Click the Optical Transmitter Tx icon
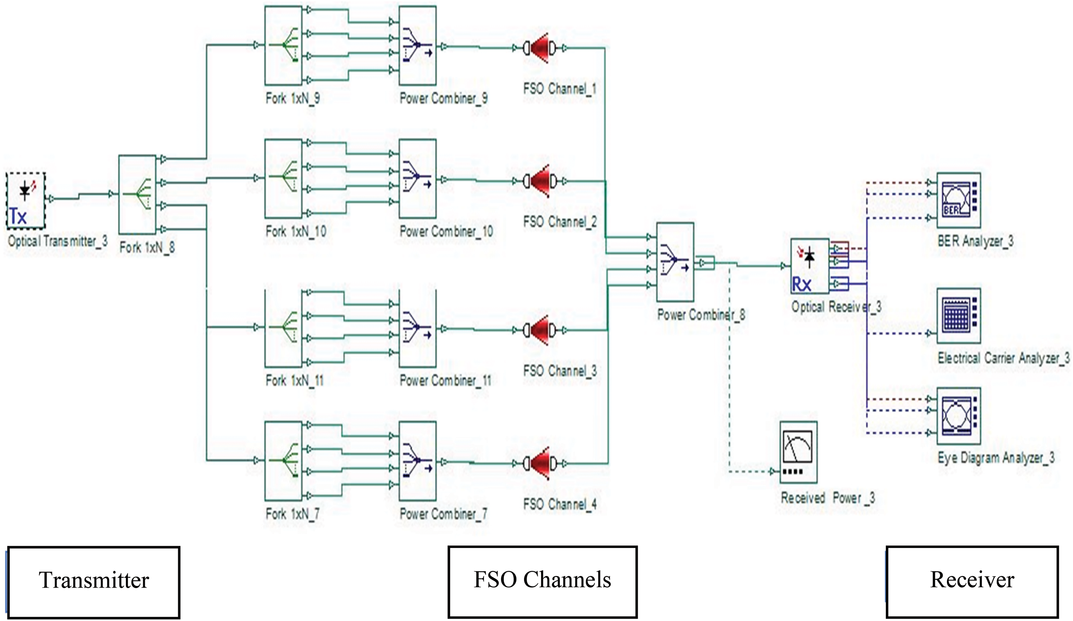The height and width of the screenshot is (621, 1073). pyautogui.click(x=26, y=200)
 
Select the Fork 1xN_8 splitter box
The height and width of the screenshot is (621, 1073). pyautogui.click(x=137, y=194)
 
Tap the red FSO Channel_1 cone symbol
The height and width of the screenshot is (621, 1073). pyautogui.click(x=540, y=48)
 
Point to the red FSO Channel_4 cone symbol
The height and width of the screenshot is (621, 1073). pyautogui.click(x=540, y=464)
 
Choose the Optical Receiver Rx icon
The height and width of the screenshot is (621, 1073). pyautogui.click(x=809, y=266)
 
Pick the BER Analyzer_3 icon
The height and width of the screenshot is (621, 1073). pyautogui.click(x=958, y=200)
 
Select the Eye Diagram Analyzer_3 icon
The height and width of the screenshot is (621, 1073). pyautogui.click(x=958, y=415)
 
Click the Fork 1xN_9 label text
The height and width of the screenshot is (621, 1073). pyautogui.click(x=293, y=99)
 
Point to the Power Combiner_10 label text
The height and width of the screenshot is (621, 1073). pyautogui.click(x=446, y=232)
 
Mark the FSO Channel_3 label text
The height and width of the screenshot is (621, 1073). pyautogui.click(x=560, y=371)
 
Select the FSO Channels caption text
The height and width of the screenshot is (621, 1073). pyautogui.click(x=542, y=580)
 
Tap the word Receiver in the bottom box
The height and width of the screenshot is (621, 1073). pyautogui.click(x=972, y=580)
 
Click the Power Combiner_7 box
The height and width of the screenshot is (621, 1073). pyautogui.click(x=417, y=461)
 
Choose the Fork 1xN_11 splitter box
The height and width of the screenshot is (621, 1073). pyautogui.click(x=283, y=328)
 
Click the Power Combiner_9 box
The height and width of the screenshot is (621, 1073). pyautogui.click(x=417, y=45)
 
